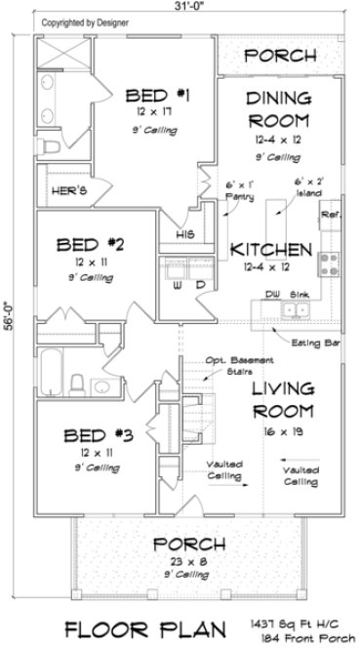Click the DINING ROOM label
(x=278, y=108)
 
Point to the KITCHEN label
(x=270, y=249)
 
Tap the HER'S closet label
(x=66, y=191)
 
